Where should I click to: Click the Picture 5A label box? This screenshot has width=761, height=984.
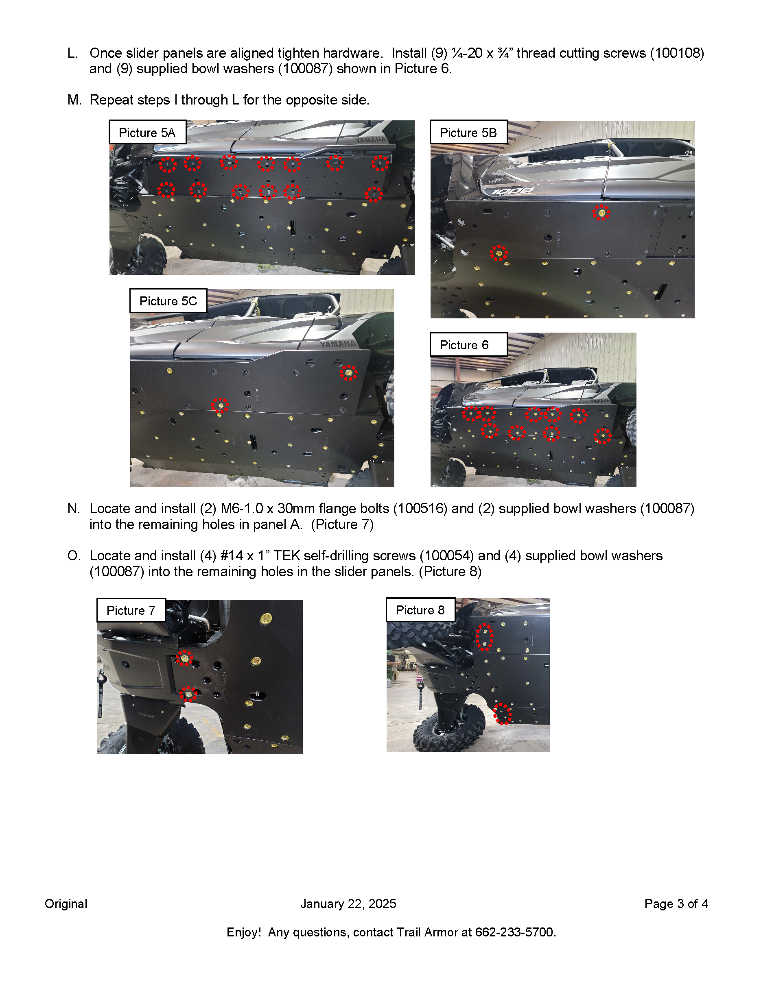[147, 133]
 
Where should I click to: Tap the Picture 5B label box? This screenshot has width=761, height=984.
[468, 133]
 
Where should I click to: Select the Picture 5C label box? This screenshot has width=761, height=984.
[168, 301]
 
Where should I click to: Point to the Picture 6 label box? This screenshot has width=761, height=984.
[468, 345]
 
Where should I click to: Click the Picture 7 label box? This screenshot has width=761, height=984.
[131, 610]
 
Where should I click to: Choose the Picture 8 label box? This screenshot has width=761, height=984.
[420, 610]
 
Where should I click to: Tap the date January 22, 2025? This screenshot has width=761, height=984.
[348, 904]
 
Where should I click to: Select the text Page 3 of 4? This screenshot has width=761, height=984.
[676, 904]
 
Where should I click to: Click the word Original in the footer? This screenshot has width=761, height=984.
[66, 904]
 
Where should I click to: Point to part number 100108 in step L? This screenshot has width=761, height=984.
[677, 53]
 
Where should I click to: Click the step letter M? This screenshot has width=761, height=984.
[74, 100]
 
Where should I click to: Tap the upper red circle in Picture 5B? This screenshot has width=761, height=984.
[601, 212]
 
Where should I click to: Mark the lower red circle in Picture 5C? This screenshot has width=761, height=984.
[220, 405]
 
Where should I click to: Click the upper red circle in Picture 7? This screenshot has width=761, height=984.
[184, 658]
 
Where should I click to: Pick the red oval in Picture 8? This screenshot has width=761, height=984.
[485, 637]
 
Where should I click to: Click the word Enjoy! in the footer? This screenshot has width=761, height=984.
[243, 932]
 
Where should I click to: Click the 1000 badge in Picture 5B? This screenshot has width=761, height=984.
[512, 192]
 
